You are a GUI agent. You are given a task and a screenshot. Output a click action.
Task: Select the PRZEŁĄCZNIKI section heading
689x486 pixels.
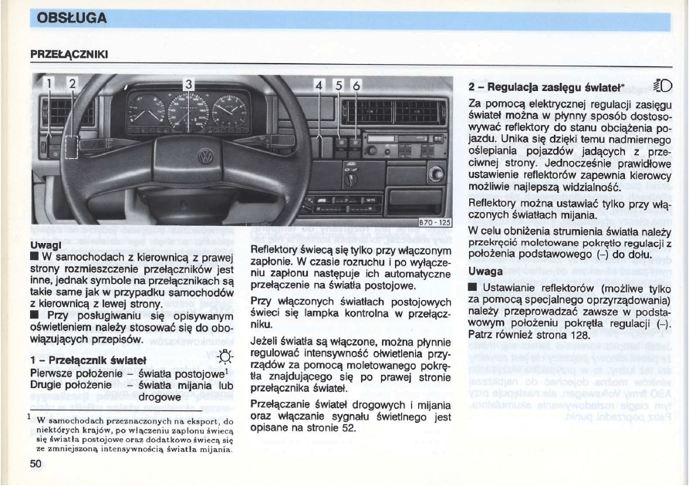(69, 55)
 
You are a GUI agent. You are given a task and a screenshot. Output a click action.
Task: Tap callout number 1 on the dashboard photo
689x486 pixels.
(48, 83)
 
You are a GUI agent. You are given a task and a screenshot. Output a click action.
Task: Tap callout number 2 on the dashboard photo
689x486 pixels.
(73, 83)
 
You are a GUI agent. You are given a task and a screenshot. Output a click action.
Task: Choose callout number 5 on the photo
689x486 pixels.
(338, 85)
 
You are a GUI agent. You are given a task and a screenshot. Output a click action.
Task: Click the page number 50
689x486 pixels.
(35, 463)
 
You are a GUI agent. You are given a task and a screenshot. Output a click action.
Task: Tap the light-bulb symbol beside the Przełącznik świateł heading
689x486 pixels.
(225, 357)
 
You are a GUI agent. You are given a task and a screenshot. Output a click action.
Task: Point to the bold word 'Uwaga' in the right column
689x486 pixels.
(485, 272)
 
